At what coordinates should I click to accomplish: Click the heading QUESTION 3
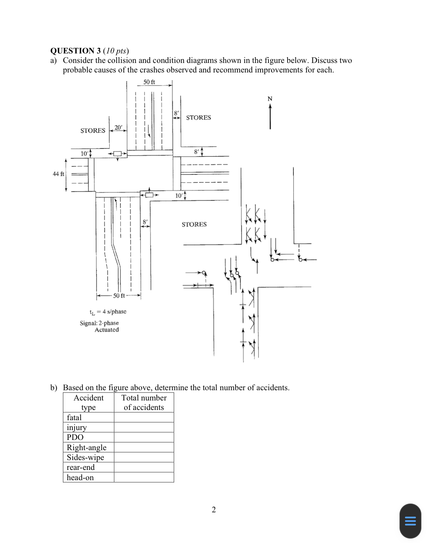tap(75, 50)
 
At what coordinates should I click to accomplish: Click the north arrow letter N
tap(270, 99)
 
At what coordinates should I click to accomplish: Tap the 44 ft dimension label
tap(58, 174)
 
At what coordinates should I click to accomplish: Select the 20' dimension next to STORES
tap(119, 127)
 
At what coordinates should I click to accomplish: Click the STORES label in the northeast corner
tap(198, 117)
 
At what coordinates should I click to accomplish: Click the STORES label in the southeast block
tap(194, 224)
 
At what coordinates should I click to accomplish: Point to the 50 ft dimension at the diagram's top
tap(149, 82)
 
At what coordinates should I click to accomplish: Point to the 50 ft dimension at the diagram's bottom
tap(119, 295)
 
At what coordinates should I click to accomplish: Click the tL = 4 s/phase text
tap(108, 312)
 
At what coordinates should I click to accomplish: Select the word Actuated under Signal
tap(106, 329)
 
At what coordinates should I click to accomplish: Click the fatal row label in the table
tap(74, 417)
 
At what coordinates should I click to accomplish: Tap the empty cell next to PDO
tap(144, 437)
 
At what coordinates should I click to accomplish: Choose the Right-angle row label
tap(86, 447)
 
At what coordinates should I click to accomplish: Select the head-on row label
tap(80, 477)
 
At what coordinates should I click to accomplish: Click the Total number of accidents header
tap(144, 402)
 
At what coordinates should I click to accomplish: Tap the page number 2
tap(214, 509)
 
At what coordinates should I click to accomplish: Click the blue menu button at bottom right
tap(410, 521)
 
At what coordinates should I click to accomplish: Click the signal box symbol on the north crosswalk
tap(117, 154)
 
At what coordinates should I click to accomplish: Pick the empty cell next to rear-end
tap(144, 467)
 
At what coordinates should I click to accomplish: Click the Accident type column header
tap(89, 402)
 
